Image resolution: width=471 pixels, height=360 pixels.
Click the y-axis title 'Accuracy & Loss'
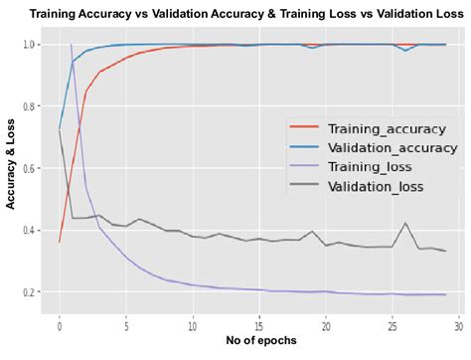coord(11,173)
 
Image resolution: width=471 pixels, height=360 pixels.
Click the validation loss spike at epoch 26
coord(404,223)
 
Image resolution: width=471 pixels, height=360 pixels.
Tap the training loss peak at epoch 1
coord(72,45)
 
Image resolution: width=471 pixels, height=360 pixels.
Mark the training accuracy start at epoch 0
coord(60,242)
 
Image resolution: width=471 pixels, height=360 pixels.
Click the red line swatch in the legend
coord(304,128)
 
